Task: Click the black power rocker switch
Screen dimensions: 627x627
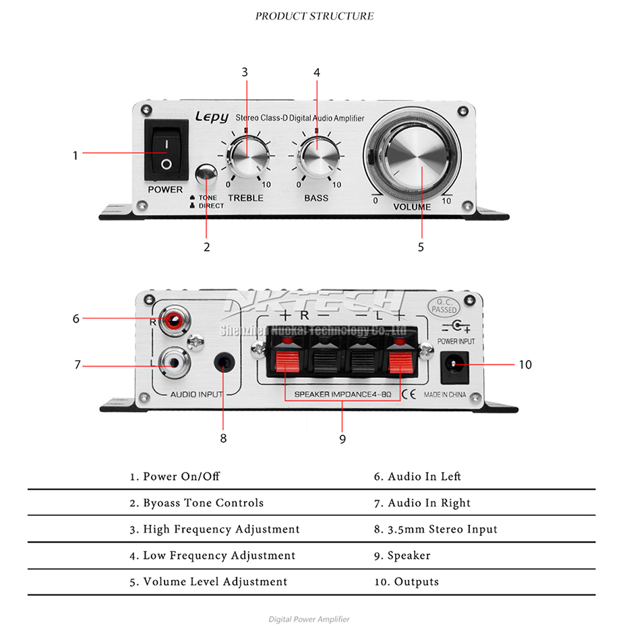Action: point(166,154)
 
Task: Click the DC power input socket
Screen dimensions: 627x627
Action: point(454,365)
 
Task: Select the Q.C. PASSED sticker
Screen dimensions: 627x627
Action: point(443,306)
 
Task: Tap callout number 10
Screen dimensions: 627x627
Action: point(525,365)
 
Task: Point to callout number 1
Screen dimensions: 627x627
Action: point(76,155)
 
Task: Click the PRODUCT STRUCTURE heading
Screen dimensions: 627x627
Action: point(314,16)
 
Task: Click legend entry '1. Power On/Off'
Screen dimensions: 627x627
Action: point(175,477)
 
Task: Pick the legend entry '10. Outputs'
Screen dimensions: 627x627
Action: point(407,582)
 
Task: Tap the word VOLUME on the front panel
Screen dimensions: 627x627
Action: point(412,207)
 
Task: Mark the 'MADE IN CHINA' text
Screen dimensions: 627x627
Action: point(444,394)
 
